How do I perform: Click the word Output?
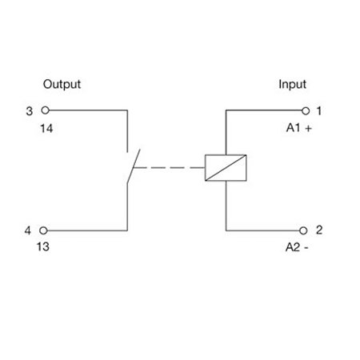pyautogui.click(x=62, y=84)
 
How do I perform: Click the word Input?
pyautogui.click(x=292, y=85)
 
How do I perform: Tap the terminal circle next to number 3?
pyautogui.click(x=46, y=110)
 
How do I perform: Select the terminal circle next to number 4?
pyautogui.click(x=43, y=230)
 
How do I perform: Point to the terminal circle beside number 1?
pyautogui.click(x=306, y=110)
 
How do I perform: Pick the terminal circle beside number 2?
pyautogui.click(x=303, y=230)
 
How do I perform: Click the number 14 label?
pyautogui.click(x=46, y=129)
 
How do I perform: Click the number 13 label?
pyautogui.click(x=43, y=246)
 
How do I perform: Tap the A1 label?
pyautogui.click(x=294, y=128)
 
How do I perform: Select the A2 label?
pyautogui.click(x=293, y=247)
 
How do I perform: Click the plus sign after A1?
pyautogui.click(x=309, y=129)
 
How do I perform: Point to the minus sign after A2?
pyautogui.click(x=306, y=248)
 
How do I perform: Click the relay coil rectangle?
pyautogui.click(x=226, y=155)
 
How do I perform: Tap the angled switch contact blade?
pyautogui.click(x=134, y=166)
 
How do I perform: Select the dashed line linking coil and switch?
pyautogui.click(x=169, y=168)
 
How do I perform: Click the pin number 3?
pyautogui.click(x=30, y=111)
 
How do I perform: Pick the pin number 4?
pyautogui.click(x=28, y=230)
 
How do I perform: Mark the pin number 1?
pyautogui.click(x=319, y=110)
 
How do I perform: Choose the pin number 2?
pyautogui.click(x=319, y=230)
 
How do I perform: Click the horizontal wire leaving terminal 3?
pyautogui.click(x=88, y=110)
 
